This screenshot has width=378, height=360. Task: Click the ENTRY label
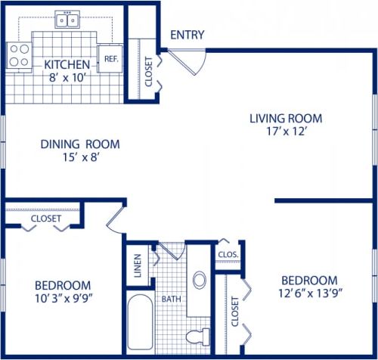click(x=187, y=35)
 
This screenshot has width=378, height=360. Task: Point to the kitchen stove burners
click(x=18, y=54)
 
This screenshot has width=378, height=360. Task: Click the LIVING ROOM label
click(x=286, y=118)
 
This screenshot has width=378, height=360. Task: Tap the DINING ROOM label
click(x=70, y=144)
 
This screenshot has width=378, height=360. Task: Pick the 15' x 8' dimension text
click(x=69, y=157)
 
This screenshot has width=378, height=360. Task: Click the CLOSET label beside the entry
click(x=148, y=72)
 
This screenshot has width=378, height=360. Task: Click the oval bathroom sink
click(x=200, y=280)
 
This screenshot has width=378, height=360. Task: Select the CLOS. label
click(x=228, y=255)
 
